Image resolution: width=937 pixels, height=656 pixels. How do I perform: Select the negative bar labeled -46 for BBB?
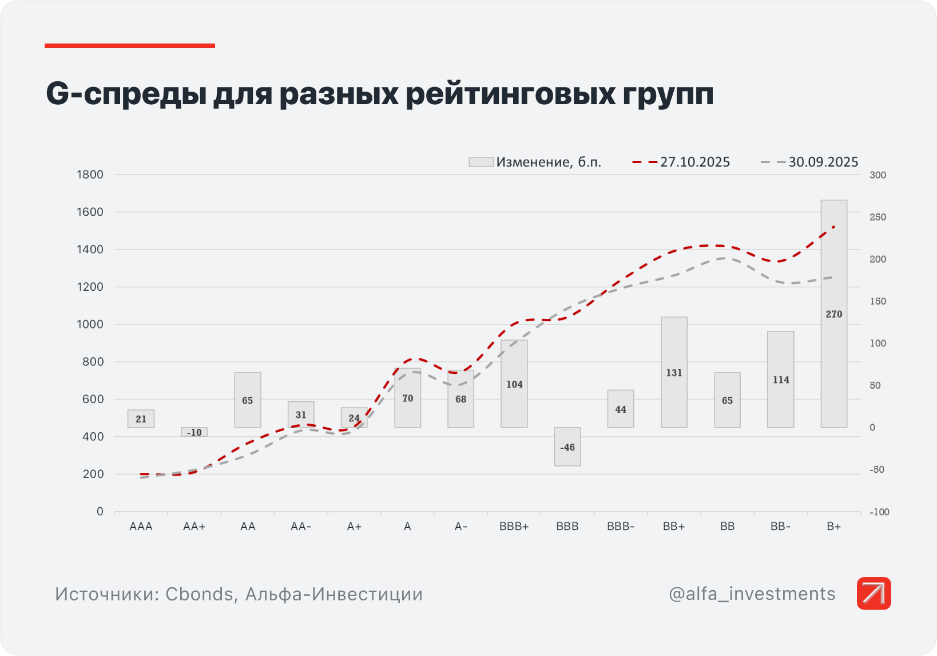(x=567, y=446)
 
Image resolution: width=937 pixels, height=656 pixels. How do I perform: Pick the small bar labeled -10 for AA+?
(x=194, y=432)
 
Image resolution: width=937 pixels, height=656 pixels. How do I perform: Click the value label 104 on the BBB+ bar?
(x=514, y=385)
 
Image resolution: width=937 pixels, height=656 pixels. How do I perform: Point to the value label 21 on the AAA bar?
(x=141, y=419)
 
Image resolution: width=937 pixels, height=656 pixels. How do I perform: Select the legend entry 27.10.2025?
(x=681, y=162)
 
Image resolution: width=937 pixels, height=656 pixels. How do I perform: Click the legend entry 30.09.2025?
(x=809, y=162)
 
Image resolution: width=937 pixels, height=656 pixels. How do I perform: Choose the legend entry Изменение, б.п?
(x=535, y=162)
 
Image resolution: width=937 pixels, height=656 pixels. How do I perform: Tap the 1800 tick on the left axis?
(x=90, y=175)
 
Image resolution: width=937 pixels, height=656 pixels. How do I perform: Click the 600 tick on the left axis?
(x=93, y=399)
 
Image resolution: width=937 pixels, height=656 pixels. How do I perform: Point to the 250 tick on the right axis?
(x=878, y=217)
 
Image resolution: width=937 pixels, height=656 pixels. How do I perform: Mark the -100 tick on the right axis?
(x=879, y=512)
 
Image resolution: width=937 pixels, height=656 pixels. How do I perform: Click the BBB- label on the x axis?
(x=621, y=527)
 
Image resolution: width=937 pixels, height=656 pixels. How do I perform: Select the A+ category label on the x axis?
(x=354, y=527)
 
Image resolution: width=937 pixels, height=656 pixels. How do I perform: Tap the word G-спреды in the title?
(x=126, y=93)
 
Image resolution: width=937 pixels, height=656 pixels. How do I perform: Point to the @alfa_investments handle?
(x=752, y=594)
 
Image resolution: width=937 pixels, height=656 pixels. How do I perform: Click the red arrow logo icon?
(x=874, y=593)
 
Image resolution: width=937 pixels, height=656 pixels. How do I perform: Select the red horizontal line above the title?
(x=130, y=46)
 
